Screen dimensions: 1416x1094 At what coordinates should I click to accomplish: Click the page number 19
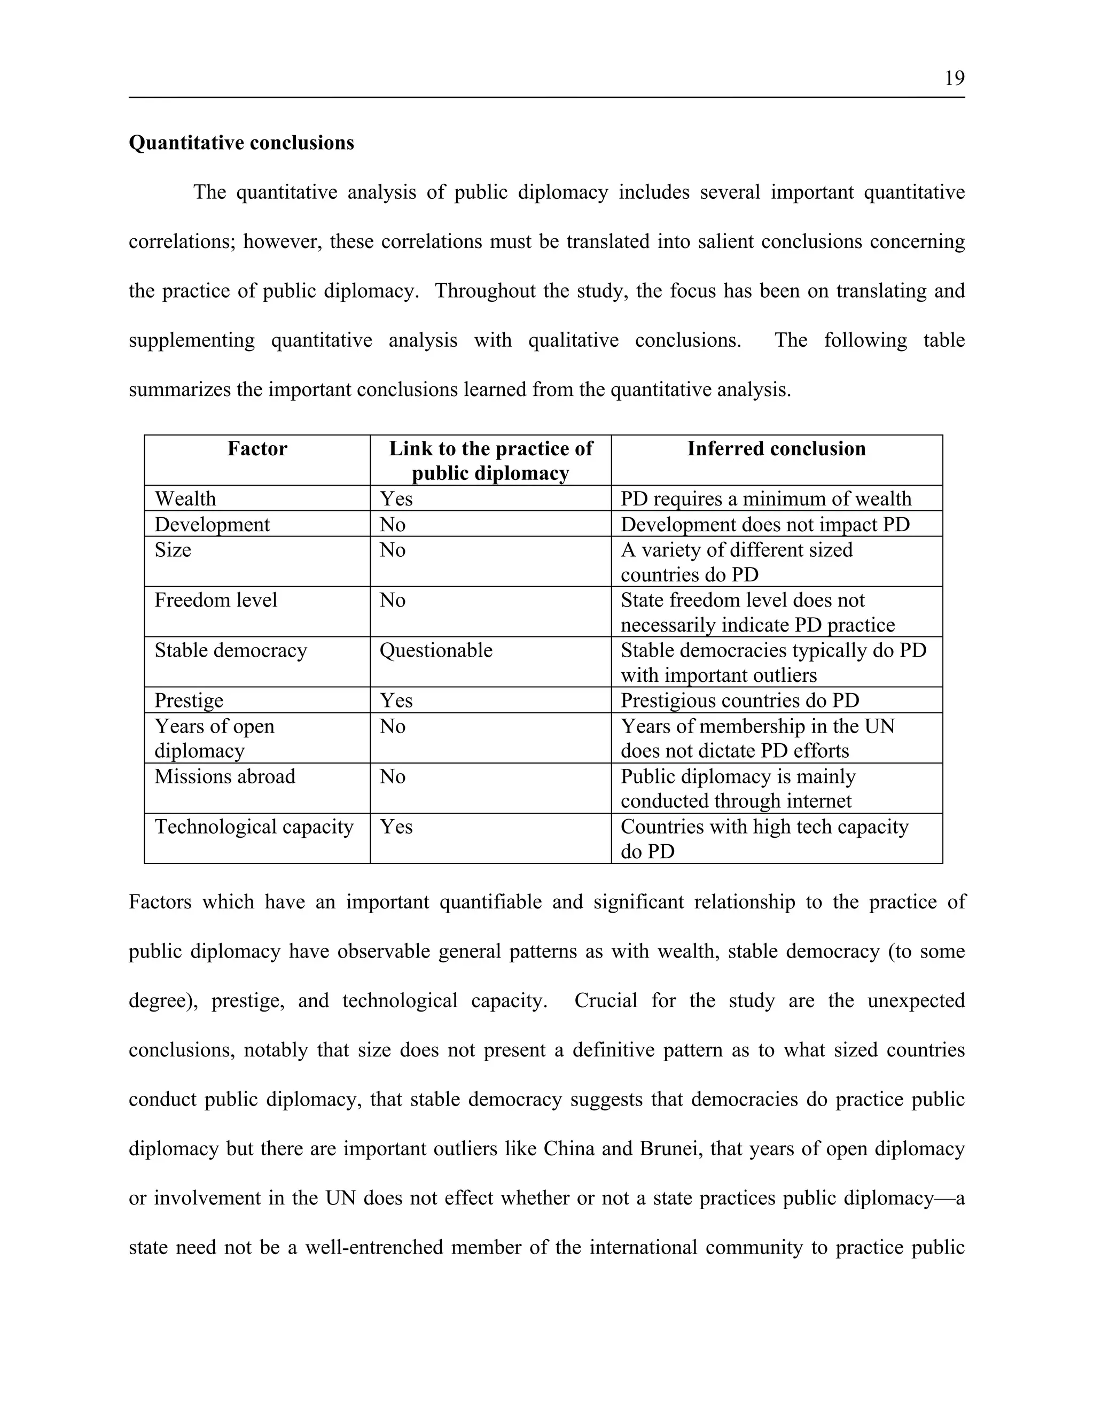[954, 79]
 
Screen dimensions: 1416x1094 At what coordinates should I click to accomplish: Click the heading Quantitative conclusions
[241, 143]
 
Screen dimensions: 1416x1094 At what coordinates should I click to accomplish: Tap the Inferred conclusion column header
[776, 449]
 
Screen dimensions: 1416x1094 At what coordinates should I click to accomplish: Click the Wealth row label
[185, 499]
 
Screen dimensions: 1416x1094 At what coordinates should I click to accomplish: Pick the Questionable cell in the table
[435, 650]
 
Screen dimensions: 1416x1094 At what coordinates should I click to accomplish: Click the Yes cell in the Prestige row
[396, 700]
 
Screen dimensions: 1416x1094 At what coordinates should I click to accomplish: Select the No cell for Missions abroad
[392, 776]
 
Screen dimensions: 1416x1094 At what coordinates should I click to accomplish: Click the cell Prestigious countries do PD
[739, 700]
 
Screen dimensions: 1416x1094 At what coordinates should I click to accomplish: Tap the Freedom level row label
[215, 600]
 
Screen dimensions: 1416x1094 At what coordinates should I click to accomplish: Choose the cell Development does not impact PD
[765, 524]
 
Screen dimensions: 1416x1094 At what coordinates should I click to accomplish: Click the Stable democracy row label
[230, 650]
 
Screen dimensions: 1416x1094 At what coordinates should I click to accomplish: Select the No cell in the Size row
[392, 550]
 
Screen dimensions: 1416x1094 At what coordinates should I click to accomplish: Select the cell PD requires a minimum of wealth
[765, 499]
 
